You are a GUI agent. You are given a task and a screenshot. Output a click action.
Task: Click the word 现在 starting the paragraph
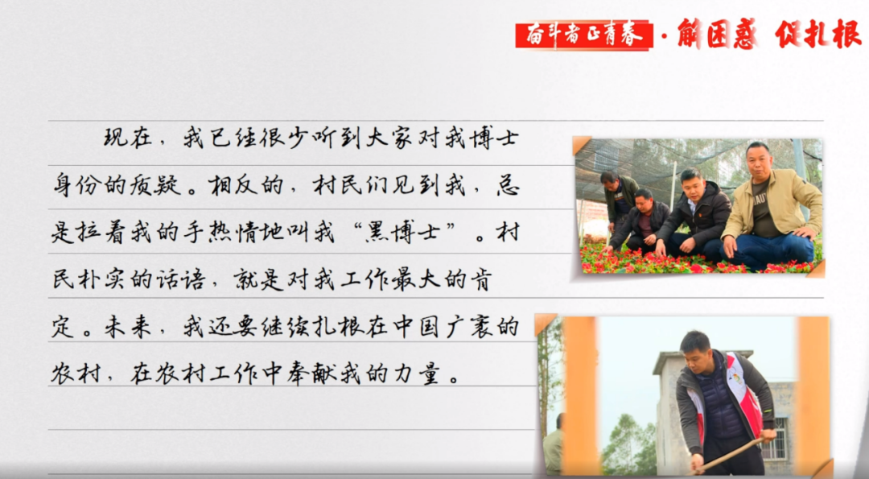point(128,138)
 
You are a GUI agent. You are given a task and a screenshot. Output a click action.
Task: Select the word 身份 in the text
point(77,184)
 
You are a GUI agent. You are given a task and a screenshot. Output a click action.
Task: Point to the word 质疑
point(155,184)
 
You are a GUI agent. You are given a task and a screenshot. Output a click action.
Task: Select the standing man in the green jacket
point(619,200)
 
